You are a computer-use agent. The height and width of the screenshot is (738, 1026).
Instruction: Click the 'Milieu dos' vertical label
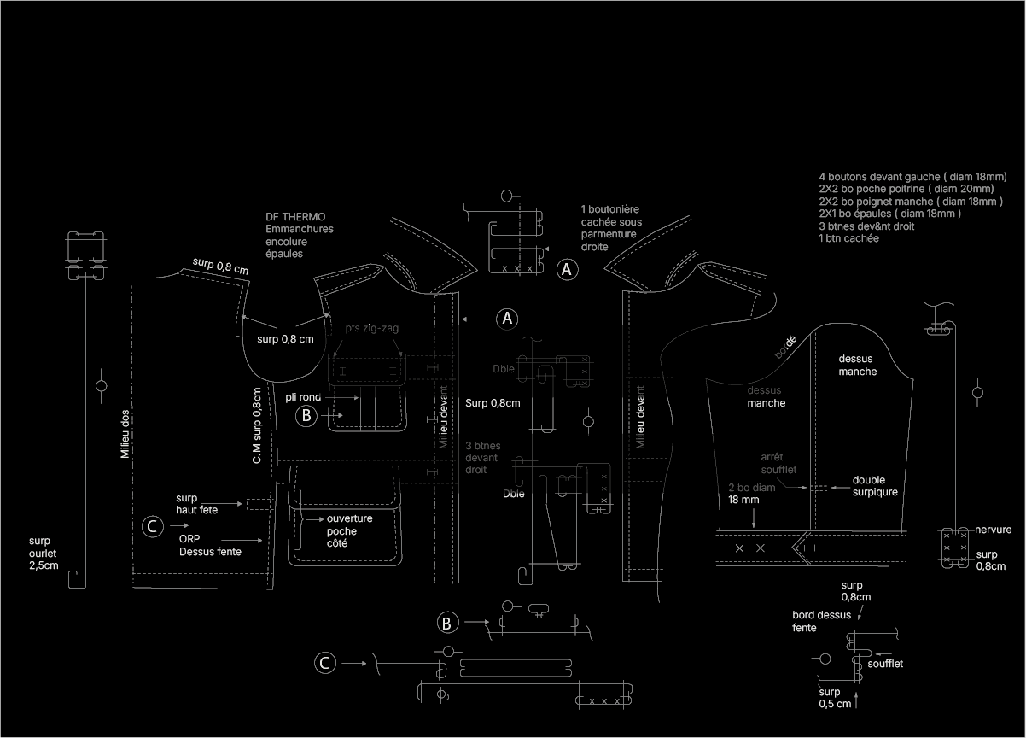[x=125, y=433]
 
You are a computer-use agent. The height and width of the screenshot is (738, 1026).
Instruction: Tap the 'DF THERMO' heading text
[x=295, y=217]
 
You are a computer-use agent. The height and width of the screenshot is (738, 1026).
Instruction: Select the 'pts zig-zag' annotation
[x=371, y=328]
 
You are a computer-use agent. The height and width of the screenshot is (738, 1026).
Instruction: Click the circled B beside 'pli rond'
[x=306, y=416]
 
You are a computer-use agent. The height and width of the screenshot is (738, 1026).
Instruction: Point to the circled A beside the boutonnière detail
[x=567, y=270]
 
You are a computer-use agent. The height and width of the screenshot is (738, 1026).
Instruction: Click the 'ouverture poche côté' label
[x=349, y=530]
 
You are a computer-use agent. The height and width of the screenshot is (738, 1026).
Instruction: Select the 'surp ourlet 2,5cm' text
[x=44, y=553]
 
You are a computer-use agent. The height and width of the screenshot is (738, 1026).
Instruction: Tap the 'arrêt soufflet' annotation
[x=778, y=463]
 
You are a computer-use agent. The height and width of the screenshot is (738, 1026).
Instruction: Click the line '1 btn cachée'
[x=848, y=238]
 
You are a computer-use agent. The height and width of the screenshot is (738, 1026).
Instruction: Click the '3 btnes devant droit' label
[x=483, y=458]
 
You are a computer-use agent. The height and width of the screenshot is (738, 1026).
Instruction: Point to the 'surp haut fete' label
[x=196, y=504]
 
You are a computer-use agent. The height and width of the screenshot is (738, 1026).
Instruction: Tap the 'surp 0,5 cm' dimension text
[x=835, y=698]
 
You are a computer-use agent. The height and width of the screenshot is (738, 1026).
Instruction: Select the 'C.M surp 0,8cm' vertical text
[x=257, y=425]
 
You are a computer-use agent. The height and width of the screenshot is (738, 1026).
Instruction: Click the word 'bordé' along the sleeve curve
[x=784, y=346]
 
